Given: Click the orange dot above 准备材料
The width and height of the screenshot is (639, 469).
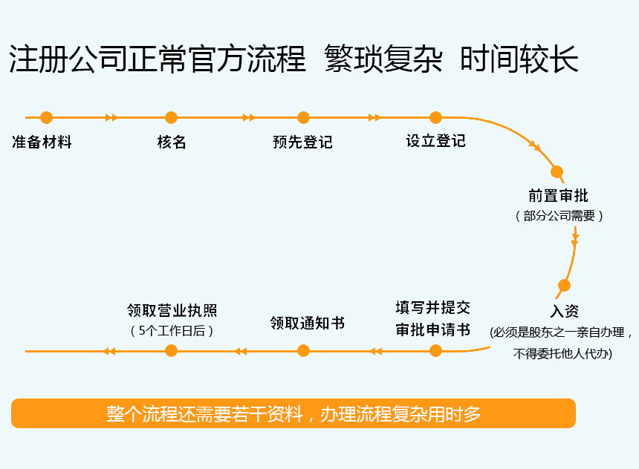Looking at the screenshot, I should pyautogui.click(x=46, y=117).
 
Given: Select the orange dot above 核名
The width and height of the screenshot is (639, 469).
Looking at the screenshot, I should pyautogui.click(x=171, y=117).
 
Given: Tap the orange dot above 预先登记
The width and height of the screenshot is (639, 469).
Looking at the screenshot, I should pyautogui.click(x=303, y=117).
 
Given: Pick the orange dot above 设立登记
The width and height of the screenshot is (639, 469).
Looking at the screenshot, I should pyautogui.click(x=435, y=117).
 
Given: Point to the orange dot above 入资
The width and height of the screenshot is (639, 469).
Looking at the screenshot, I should pyautogui.click(x=564, y=285).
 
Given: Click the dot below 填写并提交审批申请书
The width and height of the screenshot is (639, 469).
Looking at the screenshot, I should pyautogui.click(x=435, y=350).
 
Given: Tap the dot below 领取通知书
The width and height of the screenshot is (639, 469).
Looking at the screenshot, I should pyautogui.click(x=303, y=350).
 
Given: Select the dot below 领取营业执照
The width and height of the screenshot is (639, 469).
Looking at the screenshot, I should pyautogui.click(x=171, y=350).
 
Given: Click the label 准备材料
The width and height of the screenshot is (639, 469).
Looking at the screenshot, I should pyautogui.click(x=42, y=142).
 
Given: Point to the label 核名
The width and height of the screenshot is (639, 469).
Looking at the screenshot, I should pyautogui.click(x=172, y=142).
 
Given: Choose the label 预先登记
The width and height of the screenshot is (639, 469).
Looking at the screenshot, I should pyautogui.click(x=302, y=142).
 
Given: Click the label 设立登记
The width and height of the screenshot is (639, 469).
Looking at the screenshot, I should pyautogui.click(x=435, y=141).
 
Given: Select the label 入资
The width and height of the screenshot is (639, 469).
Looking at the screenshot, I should pyautogui.click(x=565, y=311).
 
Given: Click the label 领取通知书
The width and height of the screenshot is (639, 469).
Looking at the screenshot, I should pyautogui.click(x=307, y=324).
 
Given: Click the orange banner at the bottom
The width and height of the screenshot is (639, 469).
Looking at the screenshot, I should pyautogui.click(x=293, y=413).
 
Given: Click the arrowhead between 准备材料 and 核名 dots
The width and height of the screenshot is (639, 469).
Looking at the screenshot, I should pyautogui.click(x=111, y=117).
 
